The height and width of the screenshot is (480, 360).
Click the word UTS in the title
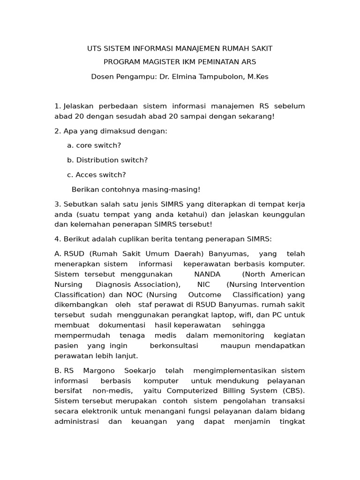coord(95,48)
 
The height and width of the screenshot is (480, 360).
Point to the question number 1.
coord(57,106)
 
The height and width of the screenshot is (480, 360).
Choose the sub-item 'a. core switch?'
coord(94,145)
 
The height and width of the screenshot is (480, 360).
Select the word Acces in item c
coord(86,174)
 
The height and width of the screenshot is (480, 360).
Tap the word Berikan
coord(86,189)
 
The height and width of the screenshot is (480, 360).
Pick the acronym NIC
coord(203,285)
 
